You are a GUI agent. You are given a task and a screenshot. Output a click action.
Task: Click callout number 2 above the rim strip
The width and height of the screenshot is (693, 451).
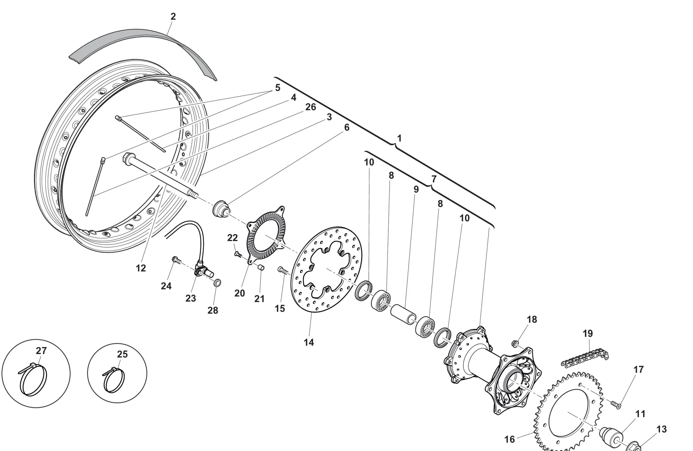(173, 16)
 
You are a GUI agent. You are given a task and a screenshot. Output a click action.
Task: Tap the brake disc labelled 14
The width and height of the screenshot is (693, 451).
(326, 270)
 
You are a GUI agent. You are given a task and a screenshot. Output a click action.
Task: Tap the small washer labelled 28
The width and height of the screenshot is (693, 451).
(218, 283)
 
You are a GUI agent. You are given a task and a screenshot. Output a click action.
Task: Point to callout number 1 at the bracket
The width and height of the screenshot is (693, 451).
(399, 138)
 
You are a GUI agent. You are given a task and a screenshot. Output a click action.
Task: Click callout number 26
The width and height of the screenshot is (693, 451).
(310, 107)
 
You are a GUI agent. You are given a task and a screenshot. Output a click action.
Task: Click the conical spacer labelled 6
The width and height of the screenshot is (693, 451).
(221, 209)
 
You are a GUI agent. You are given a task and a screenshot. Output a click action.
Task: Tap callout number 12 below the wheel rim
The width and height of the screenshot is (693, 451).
(141, 268)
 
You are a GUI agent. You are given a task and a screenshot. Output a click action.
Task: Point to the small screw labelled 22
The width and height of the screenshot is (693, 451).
(238, 254)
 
